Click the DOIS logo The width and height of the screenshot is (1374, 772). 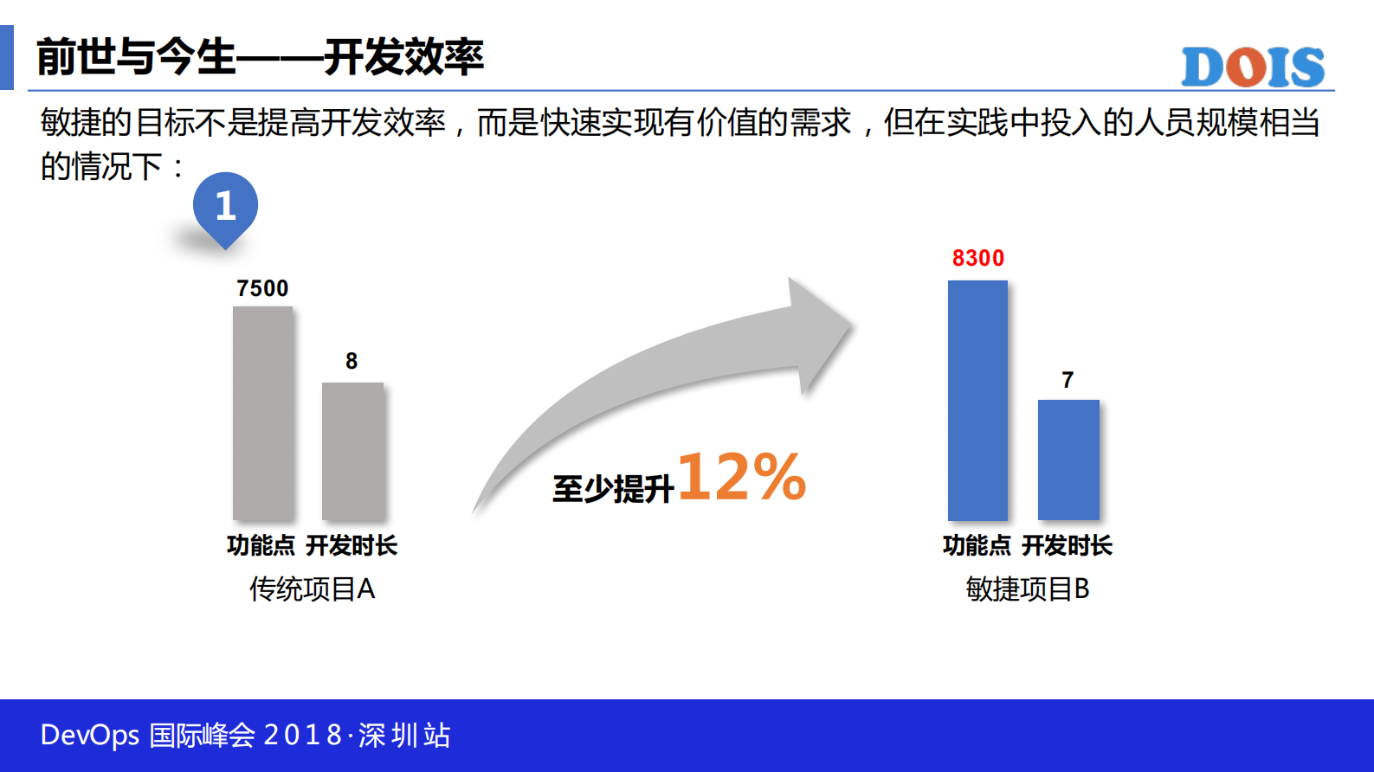point(1252,67)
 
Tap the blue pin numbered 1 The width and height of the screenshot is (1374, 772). point(225,207)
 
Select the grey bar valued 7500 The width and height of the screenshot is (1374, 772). point(262,413)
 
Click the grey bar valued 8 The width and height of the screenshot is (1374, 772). point(352,451)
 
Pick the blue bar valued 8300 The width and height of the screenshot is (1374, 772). point(977,400)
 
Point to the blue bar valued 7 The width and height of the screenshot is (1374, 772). point(1068,460)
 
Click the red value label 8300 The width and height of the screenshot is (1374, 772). point(978,258)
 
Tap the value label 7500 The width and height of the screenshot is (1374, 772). point(262,288)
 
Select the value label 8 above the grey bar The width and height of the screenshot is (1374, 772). point(352,361)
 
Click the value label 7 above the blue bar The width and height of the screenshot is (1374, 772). point(1068,380)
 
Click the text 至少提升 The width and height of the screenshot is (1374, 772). point(613,489)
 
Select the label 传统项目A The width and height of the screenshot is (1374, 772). point(312,589)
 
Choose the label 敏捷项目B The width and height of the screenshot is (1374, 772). point(1027,589)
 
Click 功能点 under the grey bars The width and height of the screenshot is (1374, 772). point(261,545)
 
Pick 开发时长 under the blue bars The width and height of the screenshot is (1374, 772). point(1067,545)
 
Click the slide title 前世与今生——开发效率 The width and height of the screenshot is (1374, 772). point(260,57)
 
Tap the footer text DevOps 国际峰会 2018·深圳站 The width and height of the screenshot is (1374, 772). point(246,736)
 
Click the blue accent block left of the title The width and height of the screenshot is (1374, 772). point(7,57)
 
